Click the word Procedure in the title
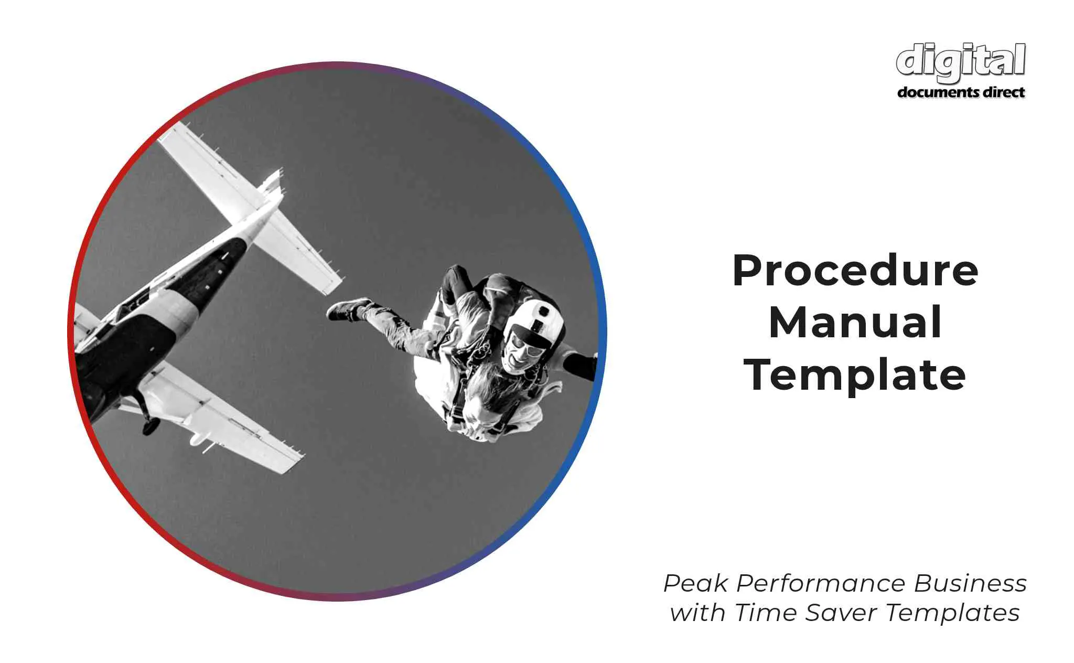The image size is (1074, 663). (855, 271)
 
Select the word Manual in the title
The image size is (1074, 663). (855, 322)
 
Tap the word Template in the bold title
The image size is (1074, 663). (855, 376)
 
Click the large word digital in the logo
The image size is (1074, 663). (961, 62)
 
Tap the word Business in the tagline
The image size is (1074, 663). (970, 583)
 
